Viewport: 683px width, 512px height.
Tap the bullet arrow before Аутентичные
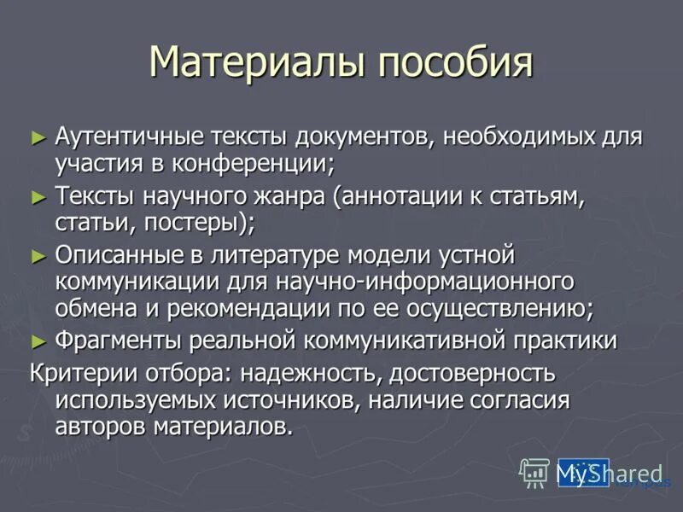click(37, 136)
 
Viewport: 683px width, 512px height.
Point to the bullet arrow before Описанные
click(37, 255)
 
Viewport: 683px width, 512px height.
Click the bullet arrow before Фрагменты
click(37, 340)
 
